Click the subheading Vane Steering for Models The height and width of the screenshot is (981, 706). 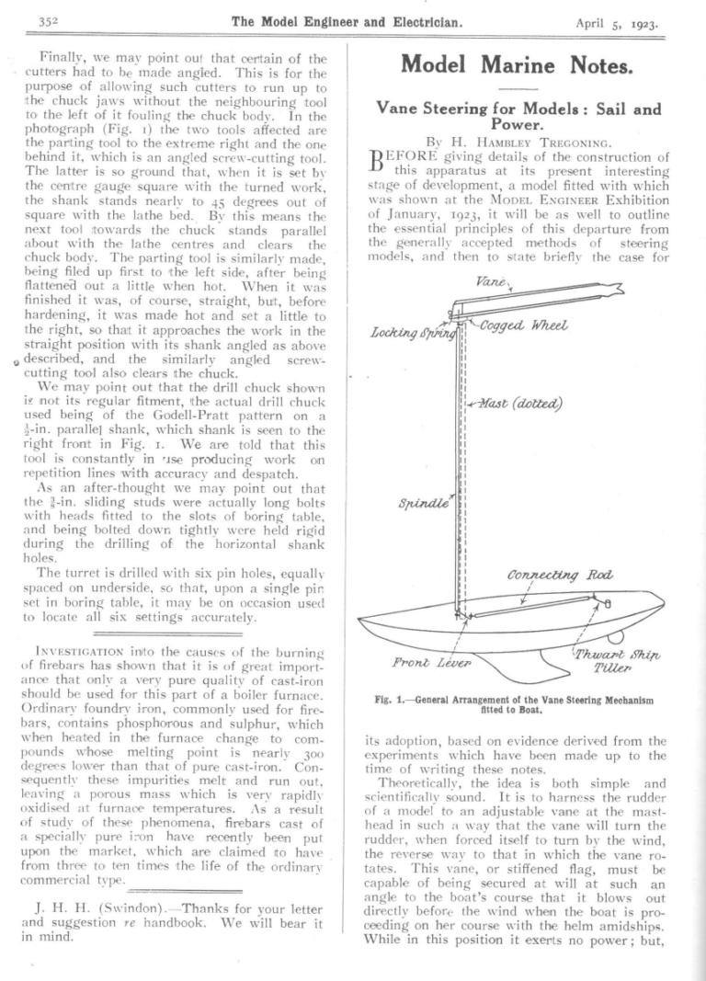click(x=518, y=115)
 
